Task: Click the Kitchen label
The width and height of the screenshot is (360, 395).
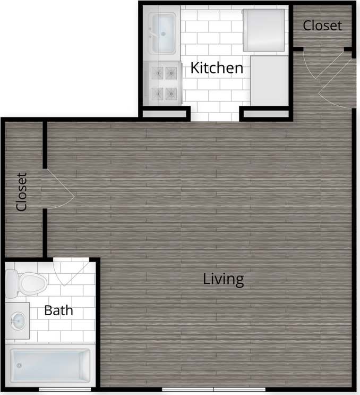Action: [x=217, y=68]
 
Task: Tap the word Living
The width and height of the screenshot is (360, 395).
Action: [x=223, y=279]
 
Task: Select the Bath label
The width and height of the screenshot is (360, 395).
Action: [x=58, y=310]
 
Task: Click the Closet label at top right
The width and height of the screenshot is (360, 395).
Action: [x=322, y=25]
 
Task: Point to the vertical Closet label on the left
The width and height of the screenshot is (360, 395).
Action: [x=22, y=191]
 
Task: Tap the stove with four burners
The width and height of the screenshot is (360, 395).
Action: [x=164, y=82]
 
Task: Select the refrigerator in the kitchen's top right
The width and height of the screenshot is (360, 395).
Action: [x=265, y=30]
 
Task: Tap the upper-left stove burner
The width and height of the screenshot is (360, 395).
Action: [x=157, y=70]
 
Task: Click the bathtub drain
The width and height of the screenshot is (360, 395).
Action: [x=19, y=365]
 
